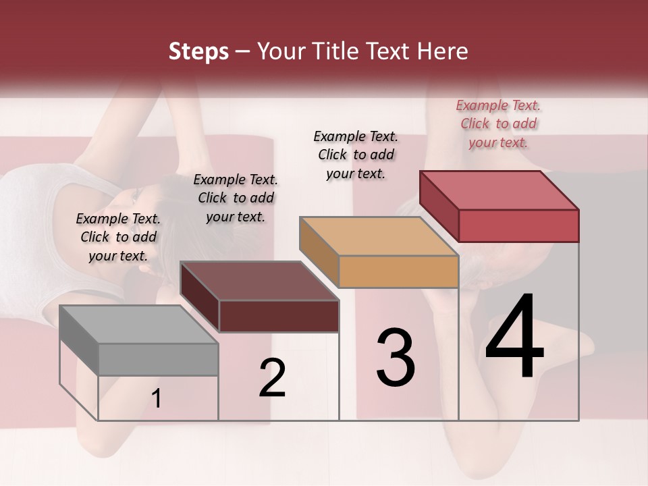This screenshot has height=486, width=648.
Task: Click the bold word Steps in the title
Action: pos(198,52)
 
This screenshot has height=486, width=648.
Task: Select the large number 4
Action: pos(514,337)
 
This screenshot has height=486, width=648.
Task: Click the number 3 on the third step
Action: pos(396,358)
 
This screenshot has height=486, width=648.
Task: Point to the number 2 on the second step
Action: pos(272,378)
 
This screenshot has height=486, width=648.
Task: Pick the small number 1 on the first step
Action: pos(156,399)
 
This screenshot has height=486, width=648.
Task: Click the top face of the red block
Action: pos(500,190)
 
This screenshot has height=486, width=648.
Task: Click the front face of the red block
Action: pos(518,225)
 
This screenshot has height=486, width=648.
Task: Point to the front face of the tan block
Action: pos(398,272)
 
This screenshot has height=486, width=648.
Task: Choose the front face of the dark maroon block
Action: pos(279,316)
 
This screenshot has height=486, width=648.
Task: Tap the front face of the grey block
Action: pos(158,359)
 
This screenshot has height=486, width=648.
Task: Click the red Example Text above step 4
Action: pos(499,124)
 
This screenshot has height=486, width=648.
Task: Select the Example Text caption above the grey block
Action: pos(118,237)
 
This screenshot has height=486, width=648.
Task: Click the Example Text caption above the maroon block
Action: pos(236,198)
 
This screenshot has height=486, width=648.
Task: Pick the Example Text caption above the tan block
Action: pos(356,155)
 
